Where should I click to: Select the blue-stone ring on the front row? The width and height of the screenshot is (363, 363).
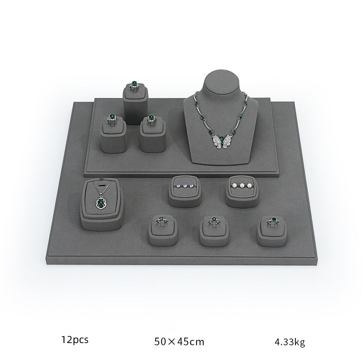pos(213,221)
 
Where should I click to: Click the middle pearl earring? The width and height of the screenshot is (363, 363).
pos(242,186)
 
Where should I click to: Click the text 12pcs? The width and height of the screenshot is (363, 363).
pos(75,340)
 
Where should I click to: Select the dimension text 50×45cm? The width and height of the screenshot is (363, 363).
pos(179,342)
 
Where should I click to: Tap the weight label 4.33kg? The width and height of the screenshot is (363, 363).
pos(290,342)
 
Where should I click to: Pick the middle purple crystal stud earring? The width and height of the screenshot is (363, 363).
pos(185,186)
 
